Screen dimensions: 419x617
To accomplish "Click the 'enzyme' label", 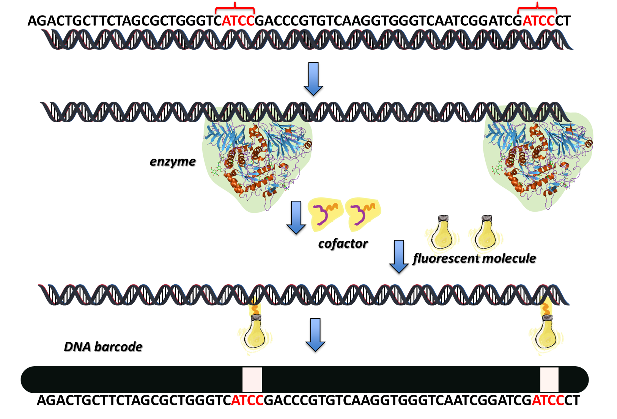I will (x=173, y=162).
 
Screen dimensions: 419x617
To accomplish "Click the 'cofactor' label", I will (x=343, y=244).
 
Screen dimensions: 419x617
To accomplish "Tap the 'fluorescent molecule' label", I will (x=475, y=259).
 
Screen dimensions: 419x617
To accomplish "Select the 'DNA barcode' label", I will (x=104, y=347).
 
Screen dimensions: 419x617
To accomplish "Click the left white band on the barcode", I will (x=252, y=380).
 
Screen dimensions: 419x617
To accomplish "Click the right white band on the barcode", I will (x=549, y=380).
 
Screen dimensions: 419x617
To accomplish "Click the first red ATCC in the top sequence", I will (x=238, y=21).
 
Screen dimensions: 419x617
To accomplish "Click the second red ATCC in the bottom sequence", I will (x=548, y=400).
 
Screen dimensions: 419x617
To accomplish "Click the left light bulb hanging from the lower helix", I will (x=255, y=334).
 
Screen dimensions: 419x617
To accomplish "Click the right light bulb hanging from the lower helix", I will (x=546, y=334).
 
